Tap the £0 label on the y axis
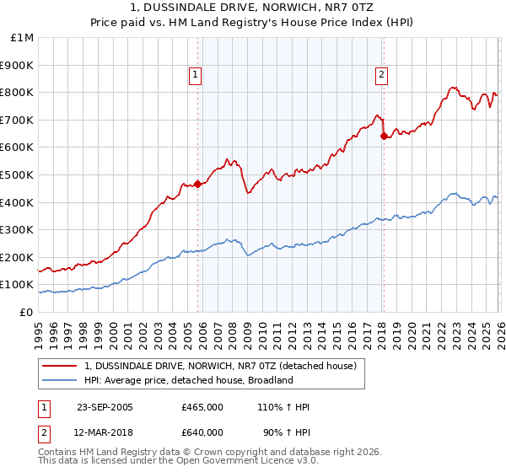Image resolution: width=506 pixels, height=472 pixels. [x=27, y=312]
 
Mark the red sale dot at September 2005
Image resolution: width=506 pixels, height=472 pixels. [x=198, y=184]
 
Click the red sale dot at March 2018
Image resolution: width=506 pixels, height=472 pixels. [x=384, y=136]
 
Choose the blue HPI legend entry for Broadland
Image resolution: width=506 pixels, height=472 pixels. [x=188, y=380]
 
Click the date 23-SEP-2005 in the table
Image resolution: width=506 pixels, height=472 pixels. [x=105, y=407]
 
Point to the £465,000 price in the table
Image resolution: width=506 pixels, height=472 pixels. [x=202, y=407]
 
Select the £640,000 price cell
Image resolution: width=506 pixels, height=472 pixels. [x=202, y=432]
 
